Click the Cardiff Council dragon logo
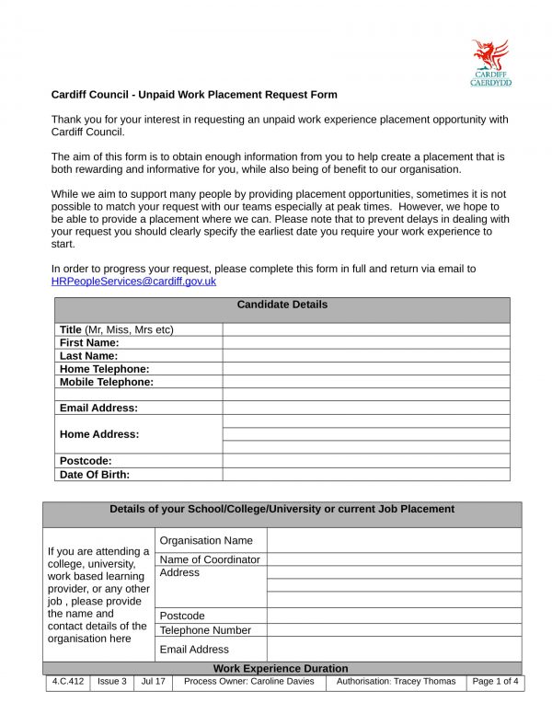coord(490,62)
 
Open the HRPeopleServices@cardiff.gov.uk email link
coord(133,282)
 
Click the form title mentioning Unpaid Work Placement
coord(194,95)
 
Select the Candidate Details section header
coord(282,305)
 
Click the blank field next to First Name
coord(365,342)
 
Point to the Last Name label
coord(89,355)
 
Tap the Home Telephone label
coord(104,369)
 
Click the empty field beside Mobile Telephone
coord(365,382)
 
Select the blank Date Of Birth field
coord(365,475)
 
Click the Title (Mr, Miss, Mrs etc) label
coord(117,329)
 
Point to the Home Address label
coord(99,434)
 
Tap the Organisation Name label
coord(206,541)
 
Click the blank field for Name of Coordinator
coord(394,559)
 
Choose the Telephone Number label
coord(205,630)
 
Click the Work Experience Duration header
coord(281,668)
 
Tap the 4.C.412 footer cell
coord(67,682)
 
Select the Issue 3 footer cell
coord(112,682)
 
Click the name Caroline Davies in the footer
coord(280,682)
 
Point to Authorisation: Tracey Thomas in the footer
coord(396,682)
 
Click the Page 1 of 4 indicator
coord(495,682)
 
